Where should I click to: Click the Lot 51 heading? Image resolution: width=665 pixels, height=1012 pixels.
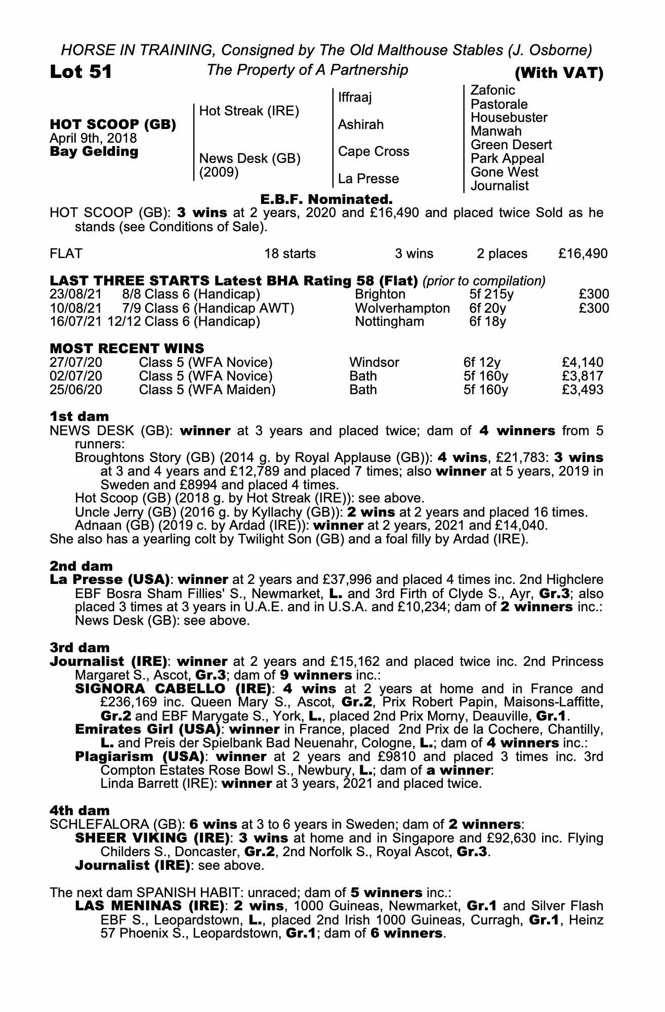tap(81, 72)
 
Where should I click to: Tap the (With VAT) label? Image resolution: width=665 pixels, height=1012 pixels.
tap(559, 74)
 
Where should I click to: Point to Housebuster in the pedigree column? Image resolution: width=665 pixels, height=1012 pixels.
tap(509, 118)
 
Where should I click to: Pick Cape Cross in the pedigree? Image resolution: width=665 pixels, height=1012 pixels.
tap(373, 151)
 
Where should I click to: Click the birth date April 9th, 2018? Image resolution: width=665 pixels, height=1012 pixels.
tap(93, 138)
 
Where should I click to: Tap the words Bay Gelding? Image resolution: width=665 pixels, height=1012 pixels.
tap(94, 152)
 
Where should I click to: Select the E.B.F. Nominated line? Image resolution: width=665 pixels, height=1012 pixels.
tap(326, 199)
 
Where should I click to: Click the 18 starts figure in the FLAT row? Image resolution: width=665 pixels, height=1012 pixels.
tap(290, 254)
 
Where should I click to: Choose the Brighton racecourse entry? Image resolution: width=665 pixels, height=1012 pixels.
tap(380, 294)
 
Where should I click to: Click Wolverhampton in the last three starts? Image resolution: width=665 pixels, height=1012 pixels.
tap(402, 308)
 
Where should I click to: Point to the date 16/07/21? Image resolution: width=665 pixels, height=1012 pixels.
tap(76, 322)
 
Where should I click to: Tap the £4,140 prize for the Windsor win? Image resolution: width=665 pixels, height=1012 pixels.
tap(583, 362)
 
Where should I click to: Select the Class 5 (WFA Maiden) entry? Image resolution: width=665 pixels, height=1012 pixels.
tap(207, 390)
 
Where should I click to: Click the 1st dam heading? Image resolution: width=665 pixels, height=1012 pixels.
tap(79, 416)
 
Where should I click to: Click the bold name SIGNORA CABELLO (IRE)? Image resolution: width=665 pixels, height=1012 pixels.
tap(172, 689)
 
